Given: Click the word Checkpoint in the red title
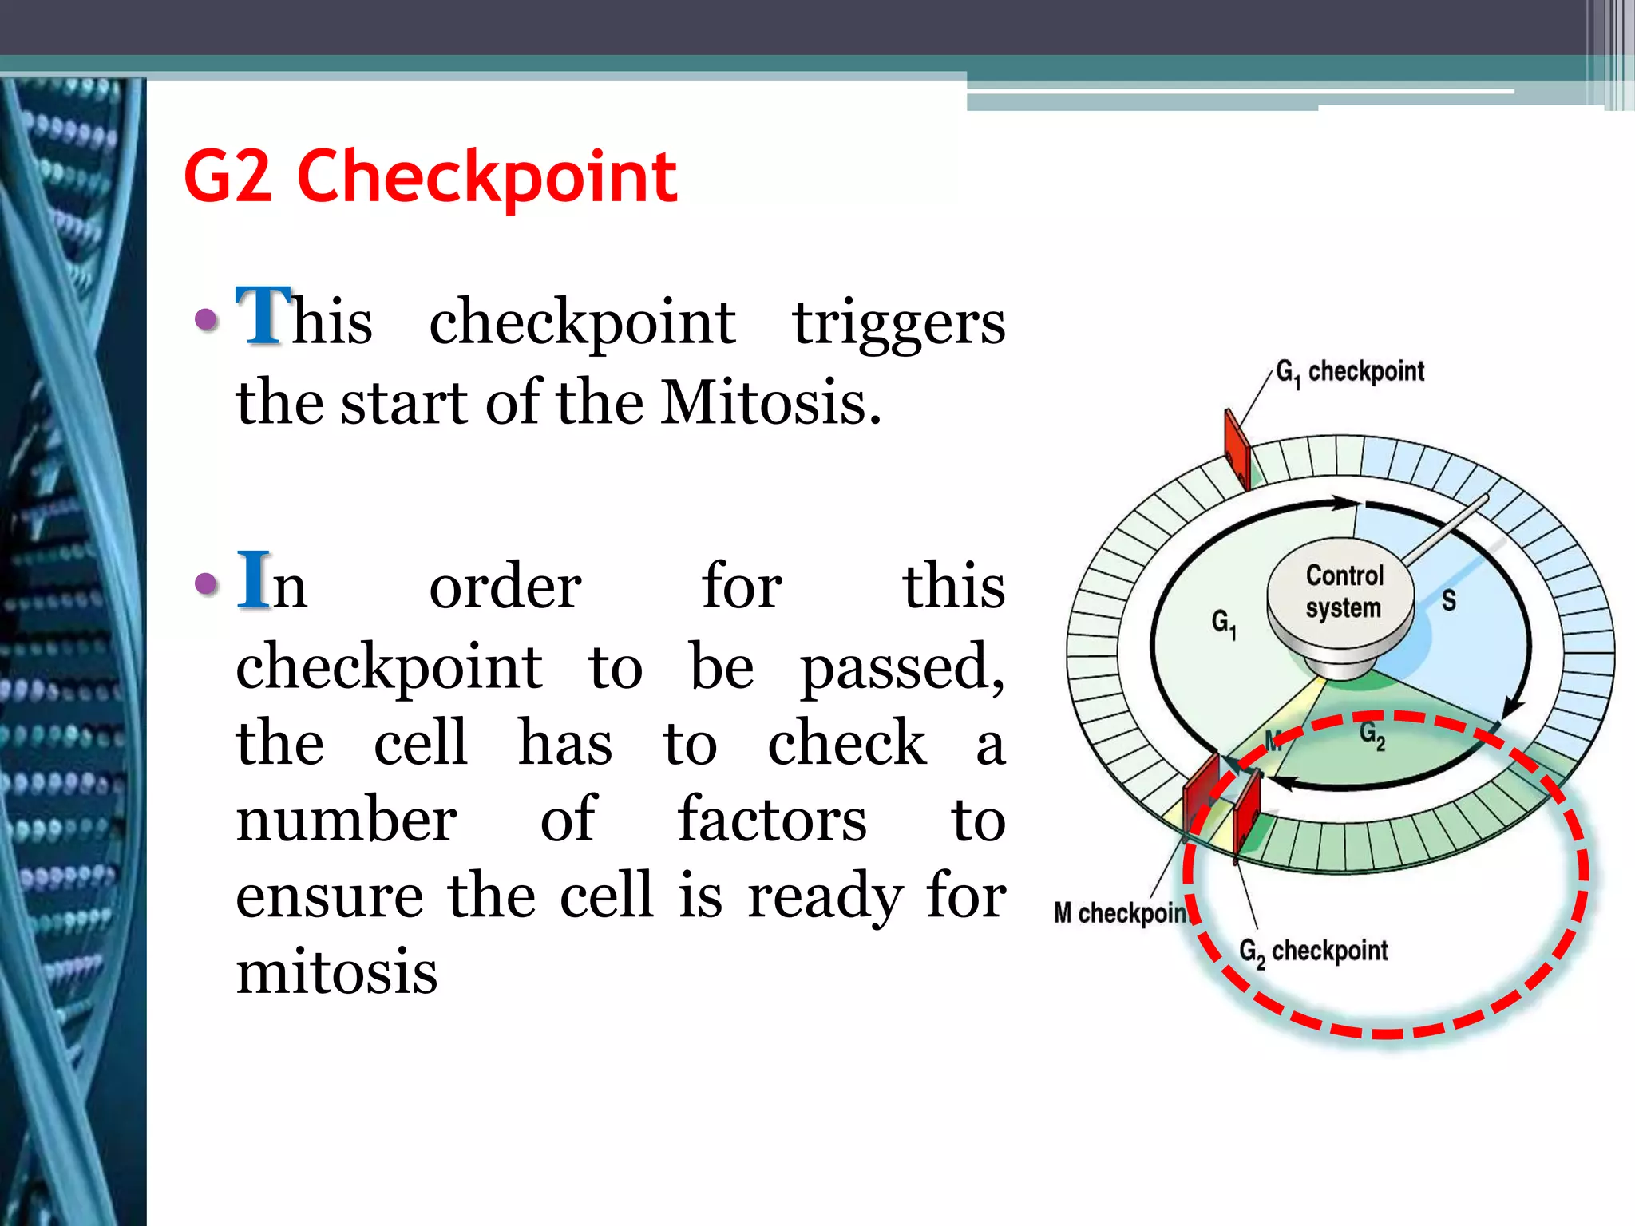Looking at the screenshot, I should point(487,177).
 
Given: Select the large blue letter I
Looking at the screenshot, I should point(254,579).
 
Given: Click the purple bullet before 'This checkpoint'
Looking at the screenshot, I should point(207,320).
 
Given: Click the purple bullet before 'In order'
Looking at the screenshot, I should point(207,583).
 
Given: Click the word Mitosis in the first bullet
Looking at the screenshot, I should point(770,402).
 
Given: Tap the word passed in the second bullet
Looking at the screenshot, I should point(902,667).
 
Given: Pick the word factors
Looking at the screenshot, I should point(772,820).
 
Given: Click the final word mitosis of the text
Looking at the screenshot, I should point(336,972).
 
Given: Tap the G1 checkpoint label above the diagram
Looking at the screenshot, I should point(1349,372).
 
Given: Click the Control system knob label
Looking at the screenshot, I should point(1344,591).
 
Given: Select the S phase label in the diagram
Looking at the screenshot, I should point(1448,600).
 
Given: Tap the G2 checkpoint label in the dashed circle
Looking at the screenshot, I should point(1313,951).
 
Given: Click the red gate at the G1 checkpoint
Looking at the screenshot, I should point(1237,447).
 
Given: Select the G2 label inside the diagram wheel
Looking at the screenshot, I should point(1372,734).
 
